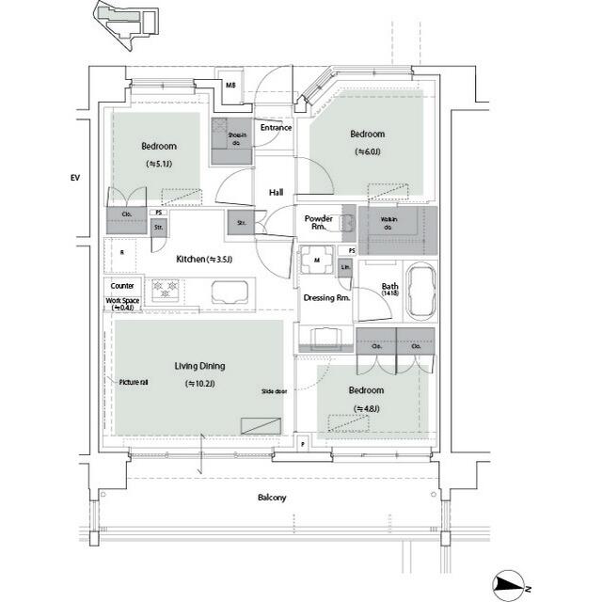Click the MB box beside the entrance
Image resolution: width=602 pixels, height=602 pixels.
pos(230,86)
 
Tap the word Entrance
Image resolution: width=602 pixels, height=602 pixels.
pos(276,128)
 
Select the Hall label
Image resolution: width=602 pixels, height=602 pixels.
pos(276,192)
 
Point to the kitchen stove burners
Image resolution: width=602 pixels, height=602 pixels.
pos(166,290)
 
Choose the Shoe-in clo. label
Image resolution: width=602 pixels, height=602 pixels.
pos(237,140)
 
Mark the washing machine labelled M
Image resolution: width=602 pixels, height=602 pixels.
pos(317,260)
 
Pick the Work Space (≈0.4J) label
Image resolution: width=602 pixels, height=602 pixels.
pos(122,304)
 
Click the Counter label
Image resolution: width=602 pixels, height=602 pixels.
pos(122,286)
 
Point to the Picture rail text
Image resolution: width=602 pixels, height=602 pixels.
pos(134,382)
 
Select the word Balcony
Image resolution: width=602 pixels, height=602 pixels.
pos(272,498)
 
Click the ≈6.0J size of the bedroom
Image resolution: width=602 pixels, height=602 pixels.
pos(369,151)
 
